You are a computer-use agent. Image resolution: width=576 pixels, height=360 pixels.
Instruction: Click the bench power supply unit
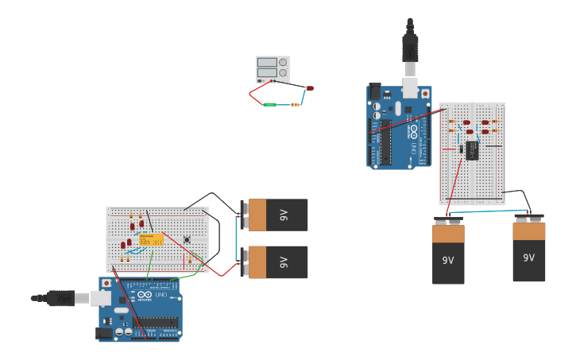point(273,69)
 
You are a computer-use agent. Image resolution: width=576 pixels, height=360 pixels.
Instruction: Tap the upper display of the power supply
point(267,62)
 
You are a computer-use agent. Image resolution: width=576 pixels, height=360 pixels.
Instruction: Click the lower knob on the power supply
point(283,72)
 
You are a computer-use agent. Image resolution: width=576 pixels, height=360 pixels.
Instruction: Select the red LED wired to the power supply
point(310,87)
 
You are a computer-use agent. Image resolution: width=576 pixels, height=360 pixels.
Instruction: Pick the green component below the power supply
point(270,104)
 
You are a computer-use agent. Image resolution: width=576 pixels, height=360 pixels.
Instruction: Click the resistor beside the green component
point(296,103)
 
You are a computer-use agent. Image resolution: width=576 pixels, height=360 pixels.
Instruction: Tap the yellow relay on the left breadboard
point(150,239)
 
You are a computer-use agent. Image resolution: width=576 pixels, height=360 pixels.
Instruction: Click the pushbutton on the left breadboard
point(187,239)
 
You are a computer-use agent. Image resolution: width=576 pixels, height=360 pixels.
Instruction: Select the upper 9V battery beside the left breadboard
point(276,215)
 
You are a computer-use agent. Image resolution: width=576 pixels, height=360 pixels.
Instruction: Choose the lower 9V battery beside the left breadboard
point(276,261)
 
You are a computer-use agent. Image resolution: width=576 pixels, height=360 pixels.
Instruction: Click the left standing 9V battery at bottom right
point(448,254)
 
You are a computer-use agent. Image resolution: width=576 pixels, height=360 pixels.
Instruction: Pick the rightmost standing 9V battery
point(528,251)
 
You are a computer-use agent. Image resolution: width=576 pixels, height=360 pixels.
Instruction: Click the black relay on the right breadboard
point(472,150)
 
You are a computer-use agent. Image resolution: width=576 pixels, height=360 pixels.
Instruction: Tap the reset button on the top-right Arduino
point(426,93)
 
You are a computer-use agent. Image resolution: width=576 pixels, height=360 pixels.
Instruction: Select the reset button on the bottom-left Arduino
point(106,284)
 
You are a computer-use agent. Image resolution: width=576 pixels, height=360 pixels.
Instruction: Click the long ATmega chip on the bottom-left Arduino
point(156,322)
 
